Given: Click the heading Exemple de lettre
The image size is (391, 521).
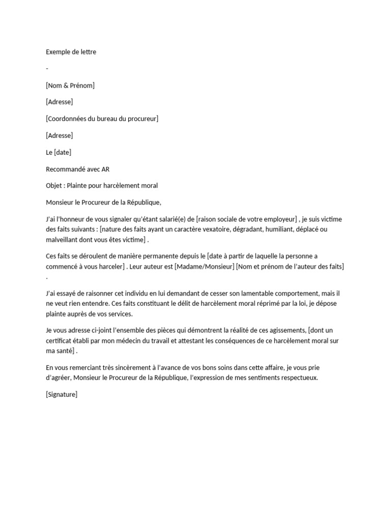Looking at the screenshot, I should [x=71, y=52].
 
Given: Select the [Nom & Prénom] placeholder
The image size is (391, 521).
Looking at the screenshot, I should [x=70, y=85].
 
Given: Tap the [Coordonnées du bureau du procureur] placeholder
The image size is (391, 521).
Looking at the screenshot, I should [x=102, y=119].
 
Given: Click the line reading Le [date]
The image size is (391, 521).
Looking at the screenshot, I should [x=59, y=152].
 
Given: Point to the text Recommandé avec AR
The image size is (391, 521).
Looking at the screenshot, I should [x=77, y=169].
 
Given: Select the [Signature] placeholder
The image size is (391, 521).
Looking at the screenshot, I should [x=62, y=394].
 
